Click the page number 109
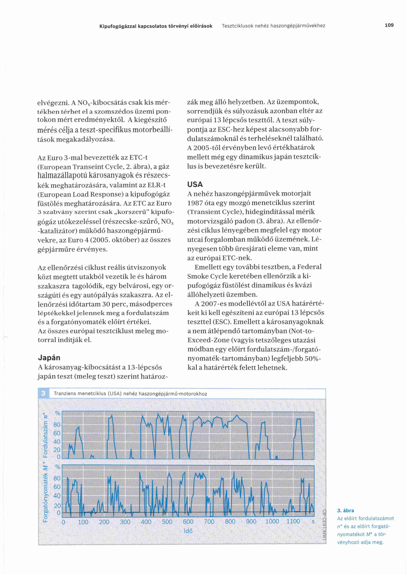point(389,25)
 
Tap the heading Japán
point(49,358)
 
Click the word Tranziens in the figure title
point(65,394)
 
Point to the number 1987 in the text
point(195,203)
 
